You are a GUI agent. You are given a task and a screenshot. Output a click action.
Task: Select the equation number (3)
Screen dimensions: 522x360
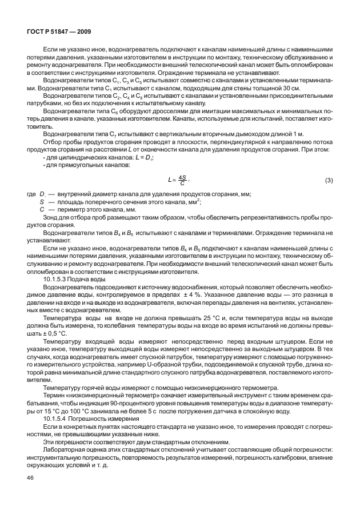329,181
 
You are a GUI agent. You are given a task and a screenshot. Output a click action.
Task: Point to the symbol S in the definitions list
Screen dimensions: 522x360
42,202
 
